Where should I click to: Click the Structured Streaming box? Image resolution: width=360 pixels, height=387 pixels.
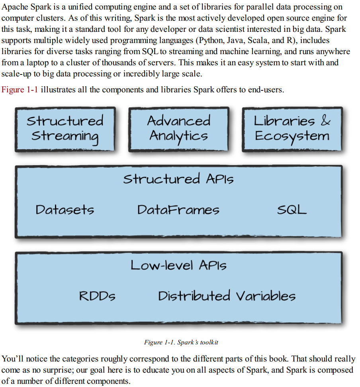click(x=65, y=129)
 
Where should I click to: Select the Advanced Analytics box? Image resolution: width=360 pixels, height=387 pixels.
click(x=178, y=129)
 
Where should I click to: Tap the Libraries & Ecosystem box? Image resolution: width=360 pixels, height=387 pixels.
click(x=292, y=129)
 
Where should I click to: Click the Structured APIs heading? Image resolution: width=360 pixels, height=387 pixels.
click(x=178, y=179)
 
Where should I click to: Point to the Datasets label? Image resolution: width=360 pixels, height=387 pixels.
click(x=65, y=209)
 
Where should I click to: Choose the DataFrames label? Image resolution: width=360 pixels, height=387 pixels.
click(x=178, y=209)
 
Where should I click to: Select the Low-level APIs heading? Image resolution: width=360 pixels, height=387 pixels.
click(x=178, y=265)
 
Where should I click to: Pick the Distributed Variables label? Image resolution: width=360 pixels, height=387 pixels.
click(x=227, y=296)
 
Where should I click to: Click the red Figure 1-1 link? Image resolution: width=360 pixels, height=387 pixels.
click(x=20, y=90)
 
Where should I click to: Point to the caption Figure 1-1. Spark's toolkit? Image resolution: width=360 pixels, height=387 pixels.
click(x=181, y=342)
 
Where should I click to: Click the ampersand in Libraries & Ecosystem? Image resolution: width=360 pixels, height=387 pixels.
click(x=325, y=121)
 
